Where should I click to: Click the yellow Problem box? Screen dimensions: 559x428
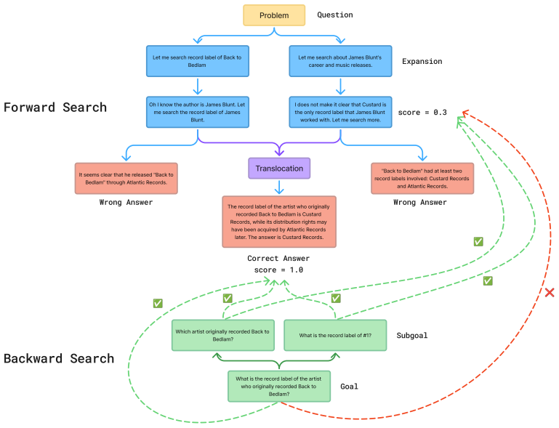click(274, 15)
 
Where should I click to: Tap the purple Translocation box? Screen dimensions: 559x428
click(279, 168)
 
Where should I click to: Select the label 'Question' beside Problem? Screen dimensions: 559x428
click(335, 15)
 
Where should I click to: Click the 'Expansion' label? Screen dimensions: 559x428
click(422, 61)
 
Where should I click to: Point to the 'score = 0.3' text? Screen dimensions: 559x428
click(422, 112)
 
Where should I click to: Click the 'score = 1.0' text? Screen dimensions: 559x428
click(278, 270)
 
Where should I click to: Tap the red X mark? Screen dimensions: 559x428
click(550, 293)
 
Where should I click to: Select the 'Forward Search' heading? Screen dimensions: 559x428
click(55, 108)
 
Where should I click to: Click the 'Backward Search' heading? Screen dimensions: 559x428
click(59, 358)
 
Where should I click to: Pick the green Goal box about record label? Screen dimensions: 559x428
click(279, 387)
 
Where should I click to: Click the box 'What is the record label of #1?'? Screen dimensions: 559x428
click(335, 335)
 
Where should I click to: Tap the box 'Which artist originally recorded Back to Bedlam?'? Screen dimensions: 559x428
click(223, 335)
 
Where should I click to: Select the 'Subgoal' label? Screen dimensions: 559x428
click(412, 335)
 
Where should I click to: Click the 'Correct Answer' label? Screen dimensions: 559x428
click(278, 259)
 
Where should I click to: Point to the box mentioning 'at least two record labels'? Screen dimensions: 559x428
click(422, 179)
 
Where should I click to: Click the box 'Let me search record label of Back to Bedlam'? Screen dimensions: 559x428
click(198, 61)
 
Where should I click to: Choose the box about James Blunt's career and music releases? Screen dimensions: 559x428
click(340, 61)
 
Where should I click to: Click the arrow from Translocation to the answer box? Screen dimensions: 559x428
click(279, 187)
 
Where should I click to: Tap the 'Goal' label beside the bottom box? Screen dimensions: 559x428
click(349, 387)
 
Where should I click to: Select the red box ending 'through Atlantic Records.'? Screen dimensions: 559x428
click(126, 179)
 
